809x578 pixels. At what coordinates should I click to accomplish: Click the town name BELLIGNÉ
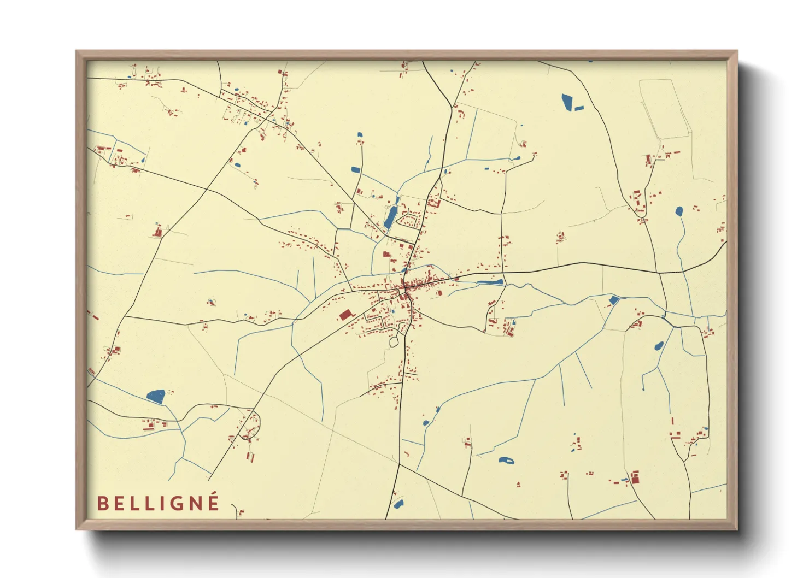(159, 503)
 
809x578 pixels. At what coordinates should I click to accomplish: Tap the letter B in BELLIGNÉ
(102, 504)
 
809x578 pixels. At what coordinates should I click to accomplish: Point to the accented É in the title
(214, 502)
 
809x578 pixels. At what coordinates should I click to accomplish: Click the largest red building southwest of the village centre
(345, 315)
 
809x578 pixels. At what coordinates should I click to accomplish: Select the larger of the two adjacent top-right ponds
(567, 102)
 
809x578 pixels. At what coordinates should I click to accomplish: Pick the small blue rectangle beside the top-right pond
(579, 108)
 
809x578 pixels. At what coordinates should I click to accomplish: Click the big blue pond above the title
(156, 396)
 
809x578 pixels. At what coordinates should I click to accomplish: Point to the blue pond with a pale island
(506, 460)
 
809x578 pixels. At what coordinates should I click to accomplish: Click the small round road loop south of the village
(394, 343)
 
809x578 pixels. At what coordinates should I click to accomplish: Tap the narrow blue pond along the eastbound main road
(490, 282)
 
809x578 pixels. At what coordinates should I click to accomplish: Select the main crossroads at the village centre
(404, 284)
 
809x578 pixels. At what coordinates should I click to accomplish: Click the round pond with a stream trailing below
(679, 211)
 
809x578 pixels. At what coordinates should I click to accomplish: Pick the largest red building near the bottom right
(635, 479)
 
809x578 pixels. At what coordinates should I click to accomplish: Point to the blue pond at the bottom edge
(398, 504)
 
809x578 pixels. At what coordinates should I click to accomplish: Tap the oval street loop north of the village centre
(408, 221)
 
